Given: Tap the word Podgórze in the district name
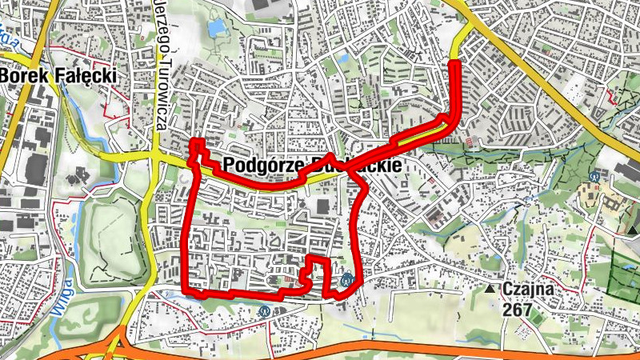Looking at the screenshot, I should [257, 165].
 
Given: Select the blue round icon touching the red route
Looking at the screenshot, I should [347, 280].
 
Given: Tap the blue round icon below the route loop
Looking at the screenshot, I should [264, 311].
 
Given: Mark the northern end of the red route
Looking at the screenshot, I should [456, 62].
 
